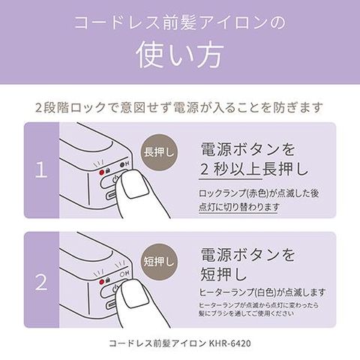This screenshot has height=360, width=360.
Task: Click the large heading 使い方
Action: pyautogui.click(x=180, y=55)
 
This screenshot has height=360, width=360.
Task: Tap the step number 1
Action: pyautogui.click(x=41, y=170)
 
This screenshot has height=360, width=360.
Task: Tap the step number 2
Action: pyautogui.click(x=41, y=282)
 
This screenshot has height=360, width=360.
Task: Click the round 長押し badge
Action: pyautogui.click(x=159, y=152)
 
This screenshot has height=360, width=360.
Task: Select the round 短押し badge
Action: pyautogui.click(x=159, y=262)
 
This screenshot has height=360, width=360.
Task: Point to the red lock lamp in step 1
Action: pyautogui.click(x=102, y=172)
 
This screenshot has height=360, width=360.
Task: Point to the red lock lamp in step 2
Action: pyautogui.click(x=102, y=282)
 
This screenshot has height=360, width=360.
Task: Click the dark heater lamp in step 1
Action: pyautogui.click(x=122, y=165)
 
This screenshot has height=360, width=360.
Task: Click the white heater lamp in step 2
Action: pyautogui.click(x=122, y=274)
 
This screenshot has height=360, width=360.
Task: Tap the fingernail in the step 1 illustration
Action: pyautogui.click(x=135, y=184)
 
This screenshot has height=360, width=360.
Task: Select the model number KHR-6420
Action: pyautogui.click(x=229, y=343)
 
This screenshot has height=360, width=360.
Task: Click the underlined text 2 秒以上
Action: pyautogui.click(x=231, y=169)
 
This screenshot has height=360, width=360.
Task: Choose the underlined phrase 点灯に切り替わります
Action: pyautogui.click(x=238, y=207)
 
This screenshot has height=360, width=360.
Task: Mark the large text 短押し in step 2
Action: pyautogui.click(x=223, y=274)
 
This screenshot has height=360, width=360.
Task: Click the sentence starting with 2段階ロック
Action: pyautogui.click(x=179, y=108)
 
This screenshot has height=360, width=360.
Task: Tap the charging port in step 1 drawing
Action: pyautogui.click(x=112, y=195)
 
